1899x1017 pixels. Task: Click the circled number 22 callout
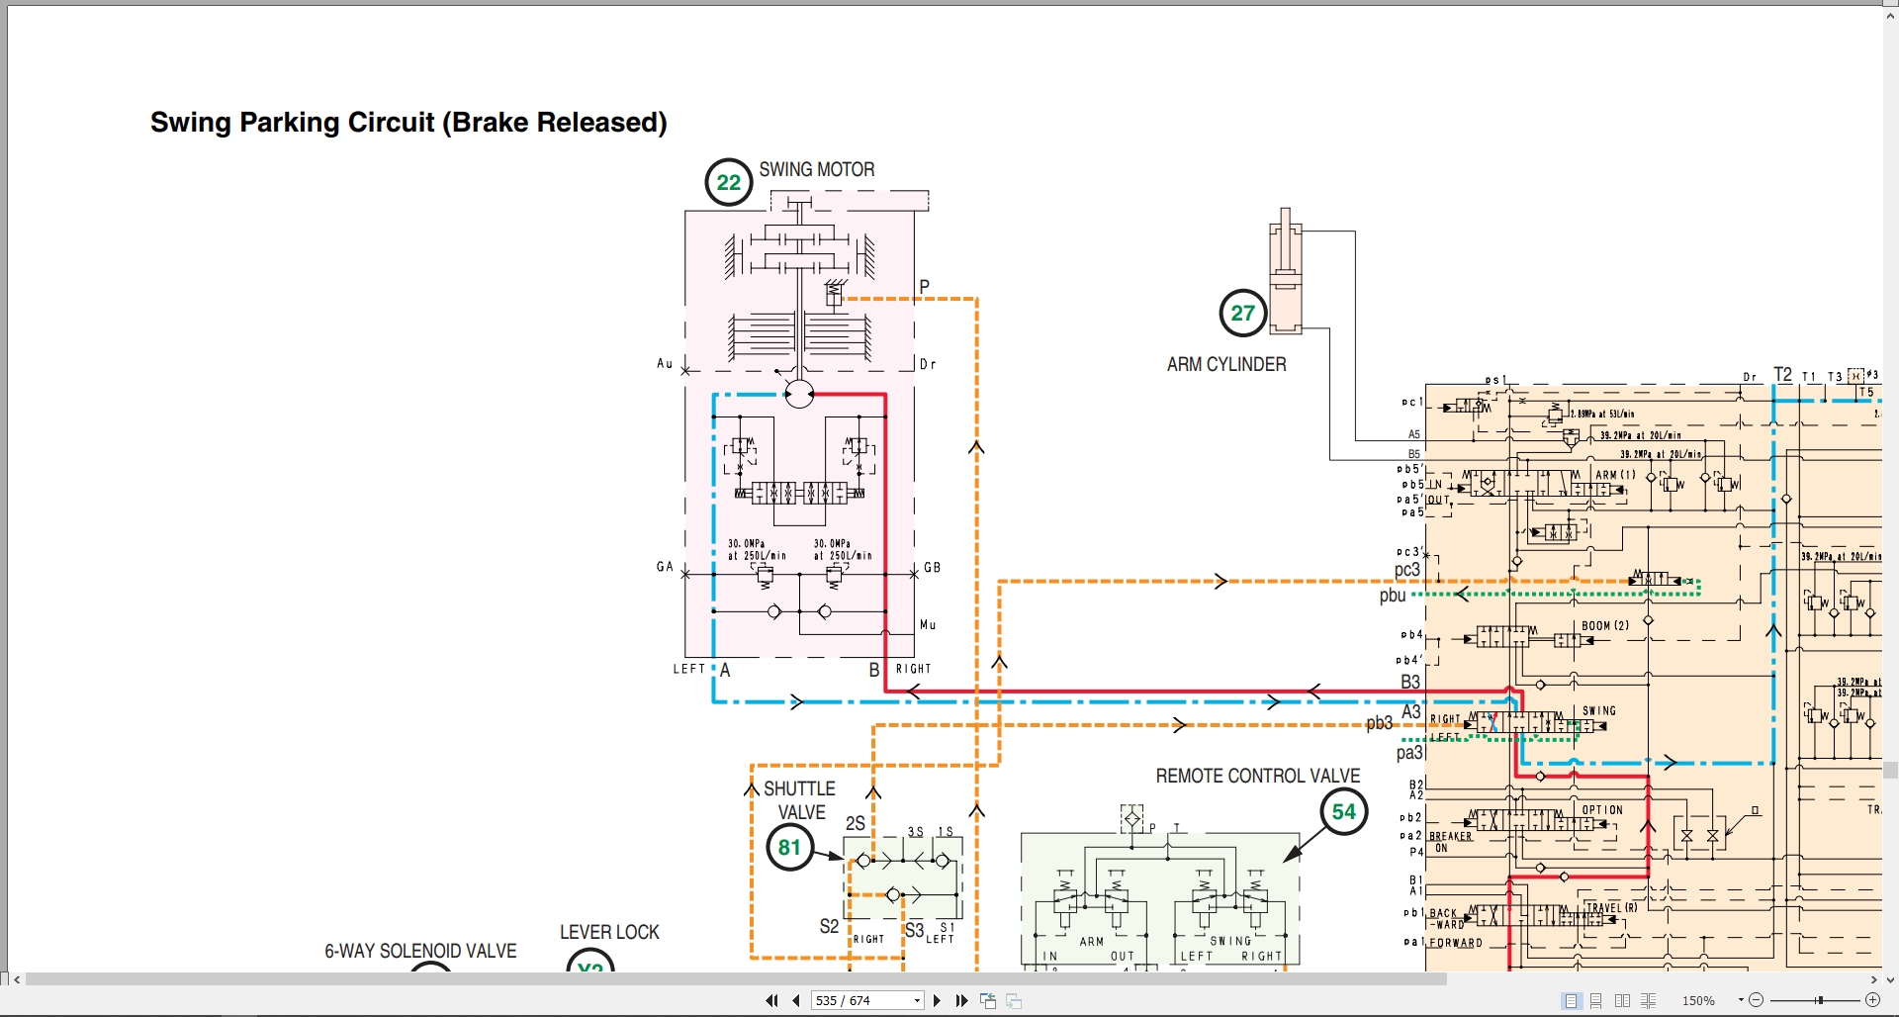pos(729,182)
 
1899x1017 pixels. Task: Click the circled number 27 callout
pos(1243,313)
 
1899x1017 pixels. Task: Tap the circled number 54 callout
pos(1343,812)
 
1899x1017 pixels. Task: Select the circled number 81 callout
pos(789,847)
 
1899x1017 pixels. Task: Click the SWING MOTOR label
pos(817,169)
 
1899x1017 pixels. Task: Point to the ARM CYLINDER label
pos(1226,364)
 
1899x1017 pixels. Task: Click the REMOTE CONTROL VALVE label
pos(1258,776)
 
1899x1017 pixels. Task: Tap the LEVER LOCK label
pos(609,932)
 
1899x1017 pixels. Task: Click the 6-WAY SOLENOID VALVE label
pos(420,951)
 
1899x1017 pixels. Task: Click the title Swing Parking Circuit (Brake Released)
pos(408,123)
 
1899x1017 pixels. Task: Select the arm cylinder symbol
pos(1285,272)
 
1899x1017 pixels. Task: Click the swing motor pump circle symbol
pos(799,394)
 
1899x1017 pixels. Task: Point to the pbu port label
pos(1393,596)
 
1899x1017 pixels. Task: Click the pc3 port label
pos(1407,570)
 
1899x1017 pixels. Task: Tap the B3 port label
pos(1410,682)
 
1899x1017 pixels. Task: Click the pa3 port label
pos(1409,753)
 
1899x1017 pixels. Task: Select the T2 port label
pos(1782,375)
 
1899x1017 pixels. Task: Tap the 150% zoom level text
pos(1698,1000)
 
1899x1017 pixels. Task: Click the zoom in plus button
pos(1872,1000)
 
